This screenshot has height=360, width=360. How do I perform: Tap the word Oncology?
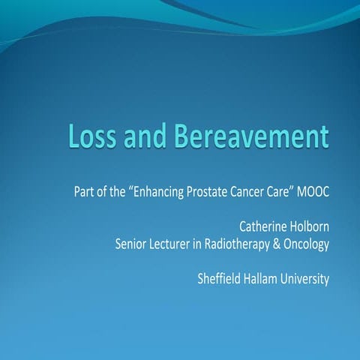click(308, 244)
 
